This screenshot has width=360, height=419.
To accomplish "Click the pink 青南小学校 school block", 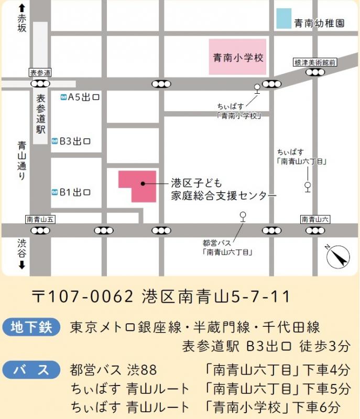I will pos(237,57).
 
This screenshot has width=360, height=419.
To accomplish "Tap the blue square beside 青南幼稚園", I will pos(283,18).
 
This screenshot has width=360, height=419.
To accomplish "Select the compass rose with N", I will pos(338,257).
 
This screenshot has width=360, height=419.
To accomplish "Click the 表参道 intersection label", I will pos(40,72).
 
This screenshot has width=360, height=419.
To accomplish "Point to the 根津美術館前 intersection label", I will pos(314,62).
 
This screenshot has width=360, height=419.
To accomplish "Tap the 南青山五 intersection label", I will pos(40,219).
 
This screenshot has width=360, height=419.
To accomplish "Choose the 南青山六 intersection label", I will pos(315,219).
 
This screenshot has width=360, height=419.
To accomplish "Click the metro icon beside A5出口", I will pos(63,97).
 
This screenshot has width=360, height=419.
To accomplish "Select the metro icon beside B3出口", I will pos(54,141).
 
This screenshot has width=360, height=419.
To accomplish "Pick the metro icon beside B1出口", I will pos(54,192).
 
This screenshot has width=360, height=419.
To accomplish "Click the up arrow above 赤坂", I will pos(21,8).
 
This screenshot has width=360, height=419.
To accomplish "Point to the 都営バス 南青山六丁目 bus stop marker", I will pos(242,215).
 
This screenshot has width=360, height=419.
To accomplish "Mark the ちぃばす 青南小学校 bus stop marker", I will pos(257,87).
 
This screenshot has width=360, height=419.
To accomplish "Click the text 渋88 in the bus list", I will pos(142,370).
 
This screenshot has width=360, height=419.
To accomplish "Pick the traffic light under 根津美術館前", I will pos(315,72).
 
